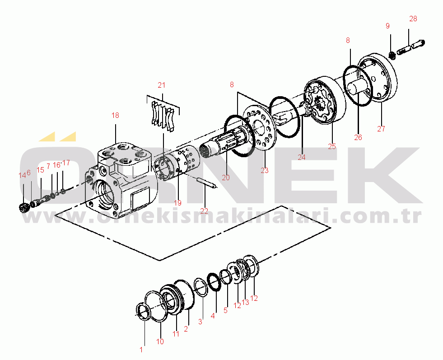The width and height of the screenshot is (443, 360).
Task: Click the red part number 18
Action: [115, 115]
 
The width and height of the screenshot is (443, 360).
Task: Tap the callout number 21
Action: [161, 85]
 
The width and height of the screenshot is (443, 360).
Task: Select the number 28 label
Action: [413, 19]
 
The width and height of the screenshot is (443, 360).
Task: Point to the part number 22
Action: [204, 211]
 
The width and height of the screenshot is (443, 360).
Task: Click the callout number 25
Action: [332, 146]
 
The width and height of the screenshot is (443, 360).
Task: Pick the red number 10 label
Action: [160, 341]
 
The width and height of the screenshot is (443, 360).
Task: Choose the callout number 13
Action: [246, 302]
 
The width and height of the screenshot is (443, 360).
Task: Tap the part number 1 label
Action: [141, 350]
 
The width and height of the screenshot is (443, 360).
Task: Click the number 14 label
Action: [22, 175]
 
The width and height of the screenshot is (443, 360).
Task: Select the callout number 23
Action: [265, 170]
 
